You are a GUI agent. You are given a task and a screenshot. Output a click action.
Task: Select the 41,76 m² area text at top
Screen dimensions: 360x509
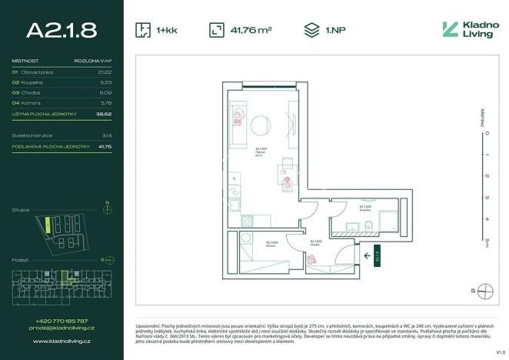[251, 30]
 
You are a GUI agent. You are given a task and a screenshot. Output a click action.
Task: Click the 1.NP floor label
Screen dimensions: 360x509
[334, 30]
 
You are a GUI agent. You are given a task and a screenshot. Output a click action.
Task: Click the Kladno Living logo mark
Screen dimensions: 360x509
[451, 29]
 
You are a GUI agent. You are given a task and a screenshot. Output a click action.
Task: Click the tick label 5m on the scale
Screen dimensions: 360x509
[486, 242]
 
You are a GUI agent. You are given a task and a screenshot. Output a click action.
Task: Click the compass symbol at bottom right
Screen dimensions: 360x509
[484, 290]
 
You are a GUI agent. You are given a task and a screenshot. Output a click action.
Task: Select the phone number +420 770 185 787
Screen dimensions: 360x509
[62, 321]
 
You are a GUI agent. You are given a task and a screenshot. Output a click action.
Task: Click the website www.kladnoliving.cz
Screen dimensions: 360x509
[62, 339]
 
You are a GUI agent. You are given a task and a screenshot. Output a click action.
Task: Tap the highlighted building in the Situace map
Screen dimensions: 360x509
[47, 226]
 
